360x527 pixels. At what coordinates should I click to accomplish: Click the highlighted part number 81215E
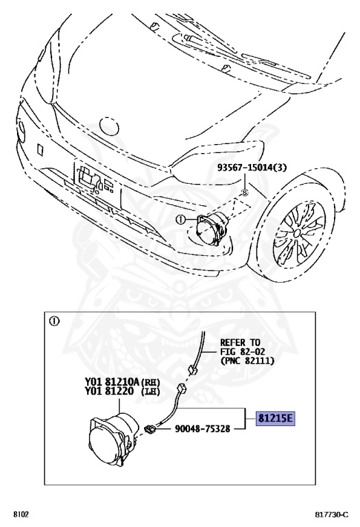(276, 419)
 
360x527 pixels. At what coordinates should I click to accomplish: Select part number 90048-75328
(202, 428)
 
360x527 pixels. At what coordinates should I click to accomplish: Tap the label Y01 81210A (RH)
(122, 382)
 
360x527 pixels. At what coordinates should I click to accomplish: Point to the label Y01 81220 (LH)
(122, 391)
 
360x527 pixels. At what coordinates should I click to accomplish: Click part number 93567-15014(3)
(252, 167)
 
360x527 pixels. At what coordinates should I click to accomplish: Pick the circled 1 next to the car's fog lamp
(180, 220)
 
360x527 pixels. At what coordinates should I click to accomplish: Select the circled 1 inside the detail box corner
(54, 321)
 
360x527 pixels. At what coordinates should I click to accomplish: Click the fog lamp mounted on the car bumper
(212, 226)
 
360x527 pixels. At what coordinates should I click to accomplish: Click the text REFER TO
(240, 342)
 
